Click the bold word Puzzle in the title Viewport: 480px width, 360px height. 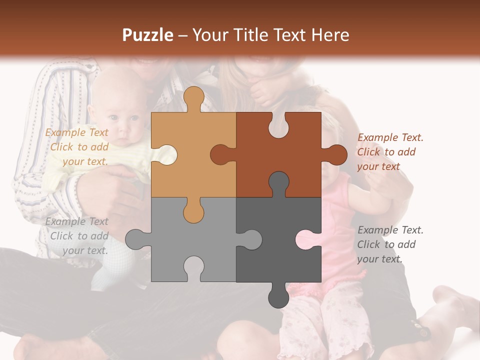click(x=148, y=35)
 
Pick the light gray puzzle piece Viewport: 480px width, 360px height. click(x=200, y=240)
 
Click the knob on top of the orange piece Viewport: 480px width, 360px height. click(x=193, y=97)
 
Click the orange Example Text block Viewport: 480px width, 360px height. click(x=77, y=147)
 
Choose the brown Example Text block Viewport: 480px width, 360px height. click(x=390, y=152)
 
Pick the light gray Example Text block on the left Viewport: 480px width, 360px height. click(x=77, y=236)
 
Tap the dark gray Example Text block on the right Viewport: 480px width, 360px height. click(x=390, y=244)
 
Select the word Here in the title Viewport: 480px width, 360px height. click(x=329, y=35)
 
